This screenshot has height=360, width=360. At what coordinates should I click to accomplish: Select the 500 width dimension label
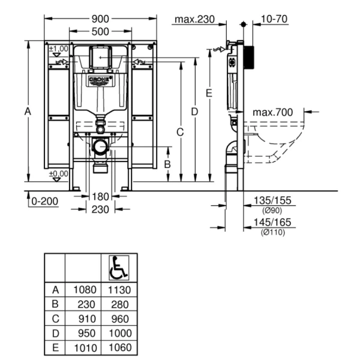pos(100,31)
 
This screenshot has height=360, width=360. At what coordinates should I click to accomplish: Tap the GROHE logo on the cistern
pos(100,80)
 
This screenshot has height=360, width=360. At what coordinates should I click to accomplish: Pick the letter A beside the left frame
pos(28,111)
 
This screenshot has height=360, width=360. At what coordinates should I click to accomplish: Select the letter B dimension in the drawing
pos(168,163)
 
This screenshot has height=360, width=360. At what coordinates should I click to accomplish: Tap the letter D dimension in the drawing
pos(194,112)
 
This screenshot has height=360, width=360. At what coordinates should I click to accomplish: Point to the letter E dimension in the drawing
pos(208,93)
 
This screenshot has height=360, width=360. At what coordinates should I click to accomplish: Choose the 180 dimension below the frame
pos(100,196)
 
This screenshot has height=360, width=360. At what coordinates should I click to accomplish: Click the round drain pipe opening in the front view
pos(100,146)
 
